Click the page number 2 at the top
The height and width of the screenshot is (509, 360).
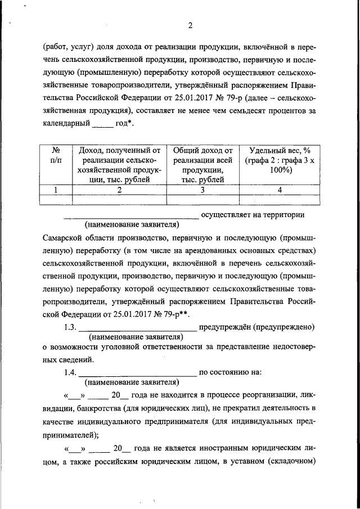[190, 25]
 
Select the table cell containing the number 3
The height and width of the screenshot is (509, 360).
[202, 190]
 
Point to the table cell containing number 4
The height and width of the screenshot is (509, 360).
[279, 190]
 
